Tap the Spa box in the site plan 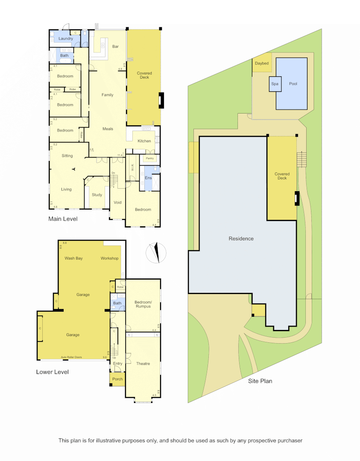275,84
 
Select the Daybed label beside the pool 262,64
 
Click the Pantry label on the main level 149,158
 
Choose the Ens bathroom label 148,178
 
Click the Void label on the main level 117,203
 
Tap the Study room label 97,195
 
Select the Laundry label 66,39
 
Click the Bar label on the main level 115,46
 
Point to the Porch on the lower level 117,379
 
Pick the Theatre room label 143,364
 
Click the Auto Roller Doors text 72,357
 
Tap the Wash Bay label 73,258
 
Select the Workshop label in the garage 109,258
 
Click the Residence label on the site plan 241,239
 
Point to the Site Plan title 260,381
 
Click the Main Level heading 63,219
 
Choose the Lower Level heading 53,372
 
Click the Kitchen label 144,141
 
